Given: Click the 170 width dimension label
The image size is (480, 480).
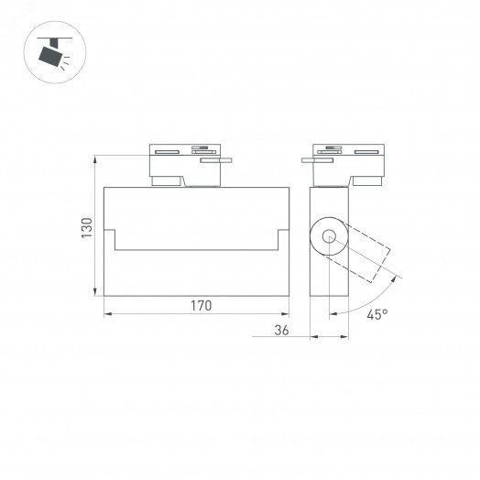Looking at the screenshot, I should click(199, 306).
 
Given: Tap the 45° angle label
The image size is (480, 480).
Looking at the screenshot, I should click(376, 314).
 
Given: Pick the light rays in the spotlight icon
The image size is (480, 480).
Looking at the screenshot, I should click(69, 61).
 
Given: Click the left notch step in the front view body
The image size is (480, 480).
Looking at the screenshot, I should click(115, 239).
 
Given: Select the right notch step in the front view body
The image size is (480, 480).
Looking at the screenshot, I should click(278, 239).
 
